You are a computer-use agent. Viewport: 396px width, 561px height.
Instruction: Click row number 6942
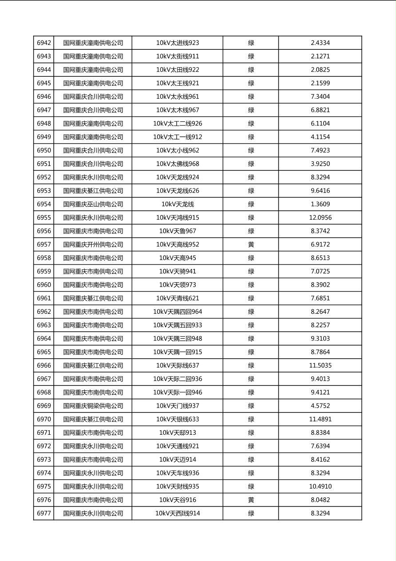pos(44,43)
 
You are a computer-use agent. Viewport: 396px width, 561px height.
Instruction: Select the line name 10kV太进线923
pos(178,43)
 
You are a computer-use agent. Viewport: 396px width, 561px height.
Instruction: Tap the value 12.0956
pos(320,218)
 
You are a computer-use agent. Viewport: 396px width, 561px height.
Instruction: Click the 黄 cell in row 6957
pos(251,244)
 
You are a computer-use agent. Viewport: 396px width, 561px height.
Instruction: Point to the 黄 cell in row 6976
pos(251,500)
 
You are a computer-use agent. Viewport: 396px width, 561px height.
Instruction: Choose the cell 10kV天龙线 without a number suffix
pos(178,204)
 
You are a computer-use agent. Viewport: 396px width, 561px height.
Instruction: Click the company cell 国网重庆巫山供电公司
pos(93,204)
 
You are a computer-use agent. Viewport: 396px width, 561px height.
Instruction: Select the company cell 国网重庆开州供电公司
pos(93,244)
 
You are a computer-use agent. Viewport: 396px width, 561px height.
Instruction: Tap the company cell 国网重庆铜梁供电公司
pos(93,406)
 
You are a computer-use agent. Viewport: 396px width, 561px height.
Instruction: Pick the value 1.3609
pos(320,204)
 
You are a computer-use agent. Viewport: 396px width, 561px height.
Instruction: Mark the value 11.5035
pos(320,365)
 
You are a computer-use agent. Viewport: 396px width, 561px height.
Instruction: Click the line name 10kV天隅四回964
pos(178,312)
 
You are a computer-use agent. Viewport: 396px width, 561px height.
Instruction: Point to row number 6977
pos(44,513)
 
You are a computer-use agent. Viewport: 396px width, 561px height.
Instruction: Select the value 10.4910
pos(320,486)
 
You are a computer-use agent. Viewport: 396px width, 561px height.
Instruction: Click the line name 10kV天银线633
pos(178,419)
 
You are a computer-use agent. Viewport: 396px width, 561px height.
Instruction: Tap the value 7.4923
pos(320,150)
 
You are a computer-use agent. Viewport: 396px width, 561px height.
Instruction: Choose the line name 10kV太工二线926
pos(178,124)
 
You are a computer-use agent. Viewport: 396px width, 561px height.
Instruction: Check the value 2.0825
pos(320,70)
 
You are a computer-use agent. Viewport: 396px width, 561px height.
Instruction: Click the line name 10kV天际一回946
pos(178,393)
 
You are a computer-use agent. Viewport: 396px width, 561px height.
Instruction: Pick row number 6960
pos(44,285)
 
